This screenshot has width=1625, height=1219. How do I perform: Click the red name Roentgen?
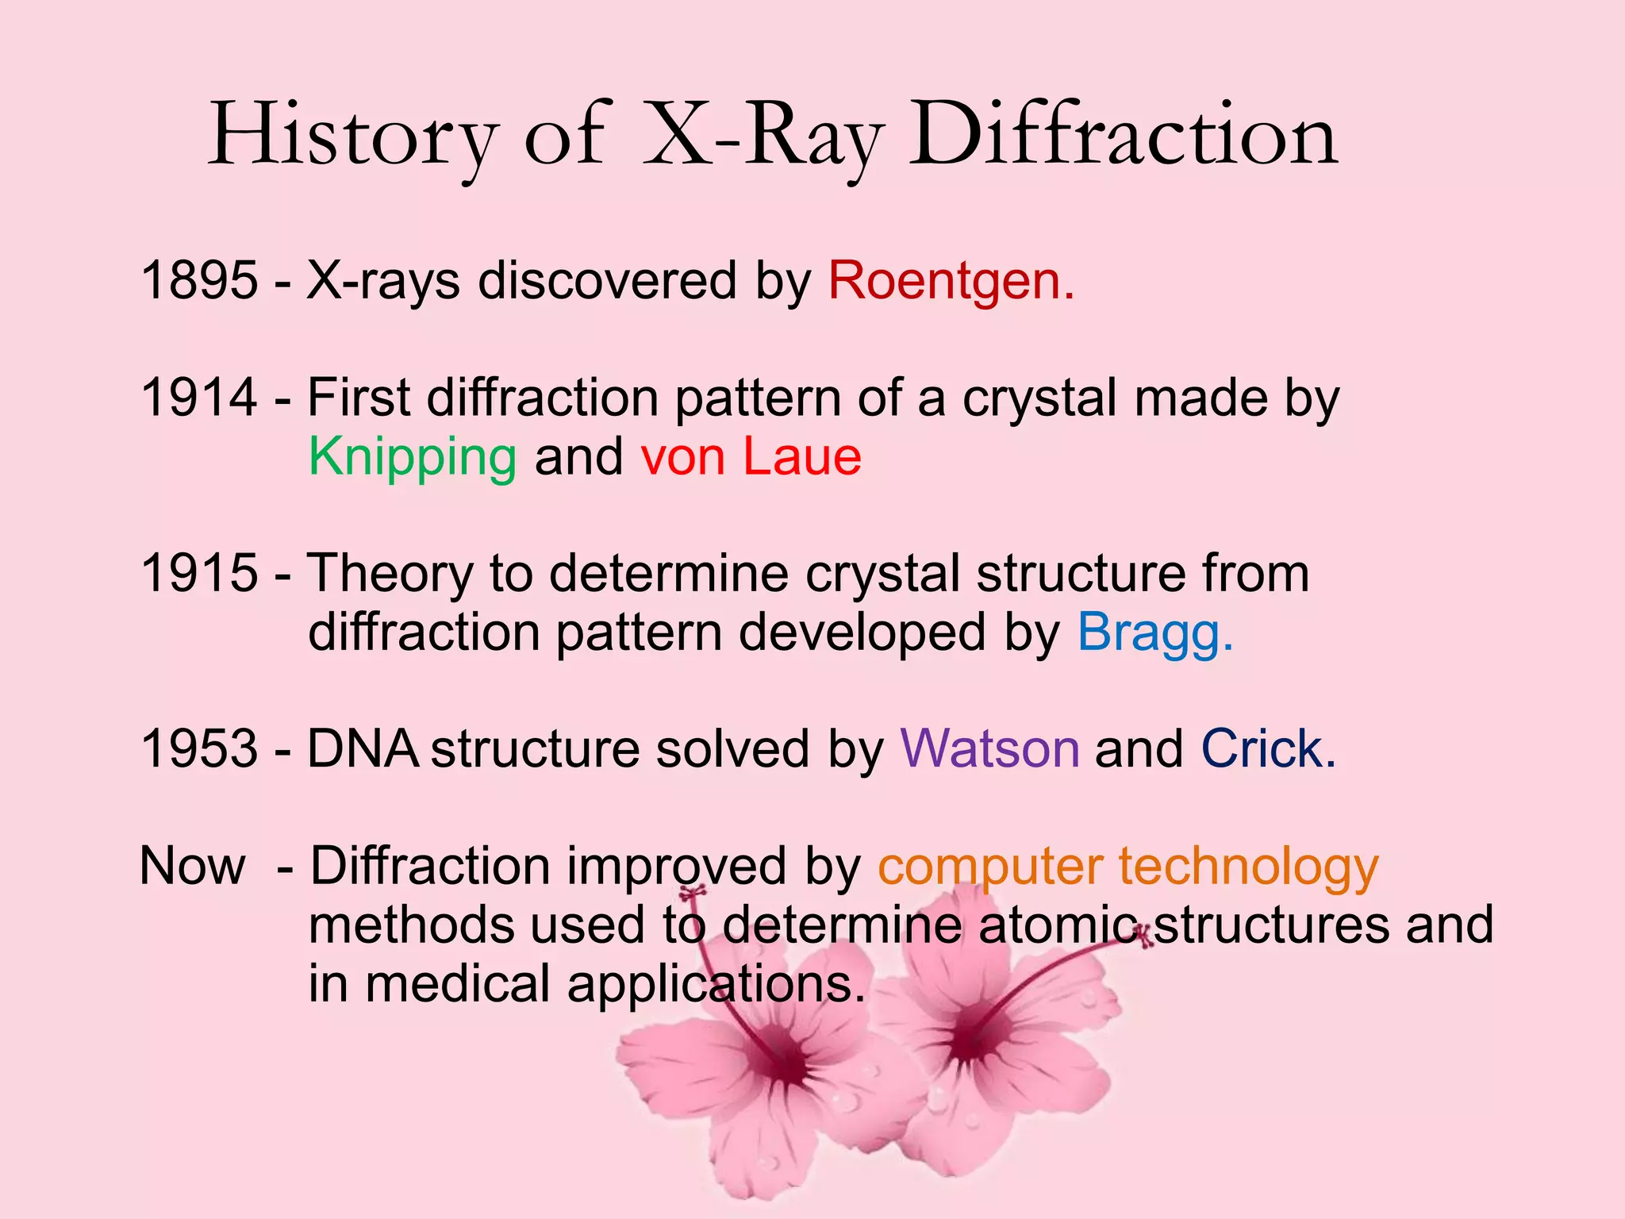tap(951, 281)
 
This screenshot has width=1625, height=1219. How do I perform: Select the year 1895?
tap(199, 281)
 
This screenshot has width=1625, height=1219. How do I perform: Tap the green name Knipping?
tap(413, 458)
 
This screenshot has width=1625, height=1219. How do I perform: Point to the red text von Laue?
tap(751, 458)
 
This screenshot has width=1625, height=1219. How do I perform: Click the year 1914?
tap(199, 398)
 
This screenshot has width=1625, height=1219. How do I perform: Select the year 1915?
tap(199, 574)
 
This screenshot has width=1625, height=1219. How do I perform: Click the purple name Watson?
tap(989, 749)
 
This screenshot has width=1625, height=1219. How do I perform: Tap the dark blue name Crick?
tap(1267, 749)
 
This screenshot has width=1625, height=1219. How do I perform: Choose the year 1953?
tap(199, 749)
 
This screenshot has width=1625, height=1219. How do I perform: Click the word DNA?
tap(363, 749)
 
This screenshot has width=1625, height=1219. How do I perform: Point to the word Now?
tap(192, 866)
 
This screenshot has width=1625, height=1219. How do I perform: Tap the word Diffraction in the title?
tap(1123, 137)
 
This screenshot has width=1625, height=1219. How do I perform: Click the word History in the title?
tap(353, 137)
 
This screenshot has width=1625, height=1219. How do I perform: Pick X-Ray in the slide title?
tap(762, 137)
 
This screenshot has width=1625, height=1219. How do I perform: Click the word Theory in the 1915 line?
tap(390, 574)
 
